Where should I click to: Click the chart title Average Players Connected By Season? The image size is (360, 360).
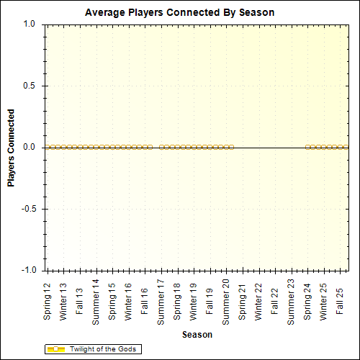[179, 13]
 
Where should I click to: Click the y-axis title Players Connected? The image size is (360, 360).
[11, 148]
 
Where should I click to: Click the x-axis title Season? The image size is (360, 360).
[197, 335]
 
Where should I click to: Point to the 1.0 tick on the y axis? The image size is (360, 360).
[30, 24]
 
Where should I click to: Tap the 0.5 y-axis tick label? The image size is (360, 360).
[30, 86]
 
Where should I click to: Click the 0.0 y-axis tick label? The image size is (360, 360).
[30, 147]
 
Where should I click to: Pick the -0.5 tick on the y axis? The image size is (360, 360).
[28, 209]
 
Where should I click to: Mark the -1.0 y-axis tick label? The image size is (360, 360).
[28, 270]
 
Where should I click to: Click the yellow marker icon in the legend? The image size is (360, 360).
[56, 349]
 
